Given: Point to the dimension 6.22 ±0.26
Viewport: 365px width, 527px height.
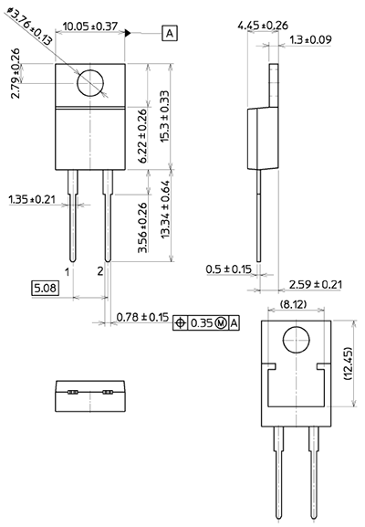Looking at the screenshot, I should point(141,138).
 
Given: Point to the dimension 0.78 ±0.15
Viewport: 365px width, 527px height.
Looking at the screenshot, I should point(142,317).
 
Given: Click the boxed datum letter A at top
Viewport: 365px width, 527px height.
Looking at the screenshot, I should point(171,34).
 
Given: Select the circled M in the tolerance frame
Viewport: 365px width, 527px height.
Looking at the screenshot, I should point(220,323).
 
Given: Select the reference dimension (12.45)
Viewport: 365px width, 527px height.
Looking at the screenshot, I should point(348,365).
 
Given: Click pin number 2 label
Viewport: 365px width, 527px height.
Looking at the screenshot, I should point(100,271).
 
